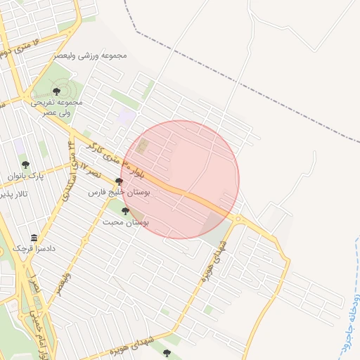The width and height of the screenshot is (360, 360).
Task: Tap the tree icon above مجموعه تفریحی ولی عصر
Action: (x=56, y=90)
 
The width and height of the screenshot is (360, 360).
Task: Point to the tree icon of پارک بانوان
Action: (x=25, y=165)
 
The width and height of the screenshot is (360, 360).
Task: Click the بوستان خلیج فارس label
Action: (x=116, y=191)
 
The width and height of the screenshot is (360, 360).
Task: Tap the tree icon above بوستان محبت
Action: (x=125, y=211)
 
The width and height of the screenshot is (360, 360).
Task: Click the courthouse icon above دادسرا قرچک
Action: (x=34, y=238)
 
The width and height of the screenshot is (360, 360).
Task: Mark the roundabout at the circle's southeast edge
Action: (x=238, y=219)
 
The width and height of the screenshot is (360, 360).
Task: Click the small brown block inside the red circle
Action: (x=143, y=146)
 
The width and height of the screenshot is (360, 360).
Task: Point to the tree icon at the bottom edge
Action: (x=167, y=352)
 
